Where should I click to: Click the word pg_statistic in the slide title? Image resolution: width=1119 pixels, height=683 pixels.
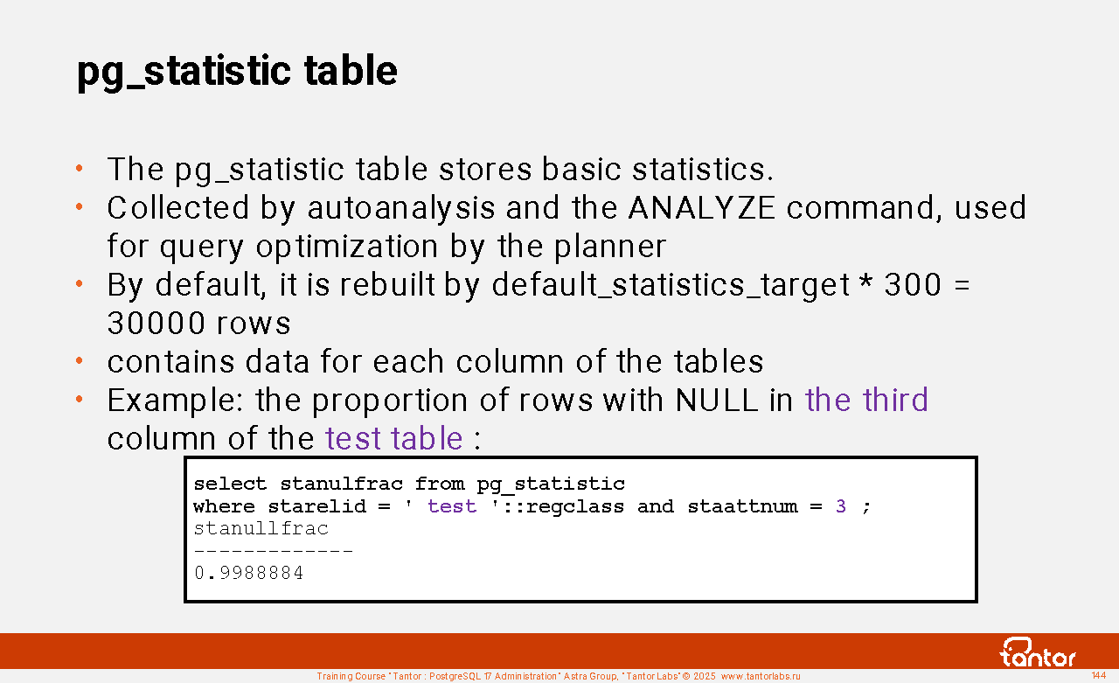pos(184,73)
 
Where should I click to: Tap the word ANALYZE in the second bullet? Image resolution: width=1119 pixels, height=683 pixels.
pos(701,207)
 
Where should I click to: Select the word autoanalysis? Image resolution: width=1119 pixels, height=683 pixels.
pos(400,209)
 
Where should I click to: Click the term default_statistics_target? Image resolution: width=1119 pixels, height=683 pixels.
pos(671,285)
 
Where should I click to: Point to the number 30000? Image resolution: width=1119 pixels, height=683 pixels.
pos(156,323)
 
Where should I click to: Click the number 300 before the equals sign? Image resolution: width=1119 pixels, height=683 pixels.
pos(913,285)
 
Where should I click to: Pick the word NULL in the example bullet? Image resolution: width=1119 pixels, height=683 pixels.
pos(716,400)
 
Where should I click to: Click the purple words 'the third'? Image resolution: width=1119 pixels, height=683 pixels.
pos(866,400)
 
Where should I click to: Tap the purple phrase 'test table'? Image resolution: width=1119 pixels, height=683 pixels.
pos(394,438)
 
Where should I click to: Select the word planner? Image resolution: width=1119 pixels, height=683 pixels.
pos(610,247)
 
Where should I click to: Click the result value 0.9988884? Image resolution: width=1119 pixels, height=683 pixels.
pos(248,573)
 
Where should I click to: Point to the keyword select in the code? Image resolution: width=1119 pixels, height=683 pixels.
pos(230,484)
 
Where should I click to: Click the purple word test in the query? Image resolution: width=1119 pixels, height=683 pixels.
pos(452,506)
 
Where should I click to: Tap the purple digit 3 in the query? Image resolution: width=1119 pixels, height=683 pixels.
pos(841,506)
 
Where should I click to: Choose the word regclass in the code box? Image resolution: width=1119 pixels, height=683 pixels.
pos(575,507)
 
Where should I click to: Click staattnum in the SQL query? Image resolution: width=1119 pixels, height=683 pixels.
pos(742,506)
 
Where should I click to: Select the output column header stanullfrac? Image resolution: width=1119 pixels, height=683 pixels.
pos(261,528)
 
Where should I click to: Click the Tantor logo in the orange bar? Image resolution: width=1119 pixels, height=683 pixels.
pos(1037,652)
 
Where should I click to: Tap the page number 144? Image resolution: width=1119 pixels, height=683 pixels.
pos(1099,675)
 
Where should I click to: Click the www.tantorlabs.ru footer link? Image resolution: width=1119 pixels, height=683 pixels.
pos(761,676)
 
